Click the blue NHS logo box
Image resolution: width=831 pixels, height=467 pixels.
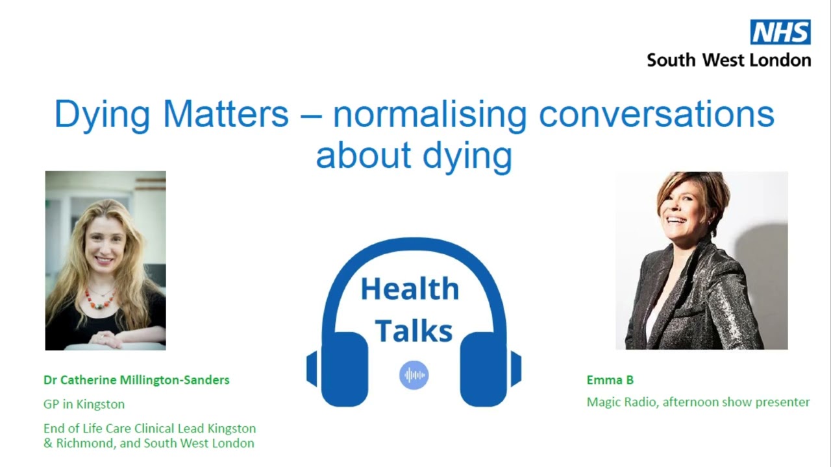[x=780, y=32]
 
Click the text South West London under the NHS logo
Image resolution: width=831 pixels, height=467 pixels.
[x=728, y=60]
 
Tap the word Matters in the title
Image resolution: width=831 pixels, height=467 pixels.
[x=225, y=114]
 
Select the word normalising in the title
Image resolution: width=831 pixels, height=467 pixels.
[x=429, y=114]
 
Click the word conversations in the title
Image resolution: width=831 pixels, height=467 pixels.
[x=656, y=114]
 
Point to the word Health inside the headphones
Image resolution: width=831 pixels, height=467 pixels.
[x=410, y=289]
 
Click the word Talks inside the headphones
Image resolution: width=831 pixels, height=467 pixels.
[x=414, y=330]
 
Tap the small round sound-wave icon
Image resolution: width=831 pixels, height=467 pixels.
[x=414, y=375]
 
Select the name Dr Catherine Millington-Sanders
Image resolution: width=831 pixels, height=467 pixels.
[x=136, y=380]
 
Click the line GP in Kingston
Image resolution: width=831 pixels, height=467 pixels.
[x=84, y=404]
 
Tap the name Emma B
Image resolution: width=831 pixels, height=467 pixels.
[x=610, y=380]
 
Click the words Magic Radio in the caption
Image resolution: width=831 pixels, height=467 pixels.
[x=622, y=402]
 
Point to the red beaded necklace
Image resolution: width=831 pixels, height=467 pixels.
[x=100, y=299]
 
